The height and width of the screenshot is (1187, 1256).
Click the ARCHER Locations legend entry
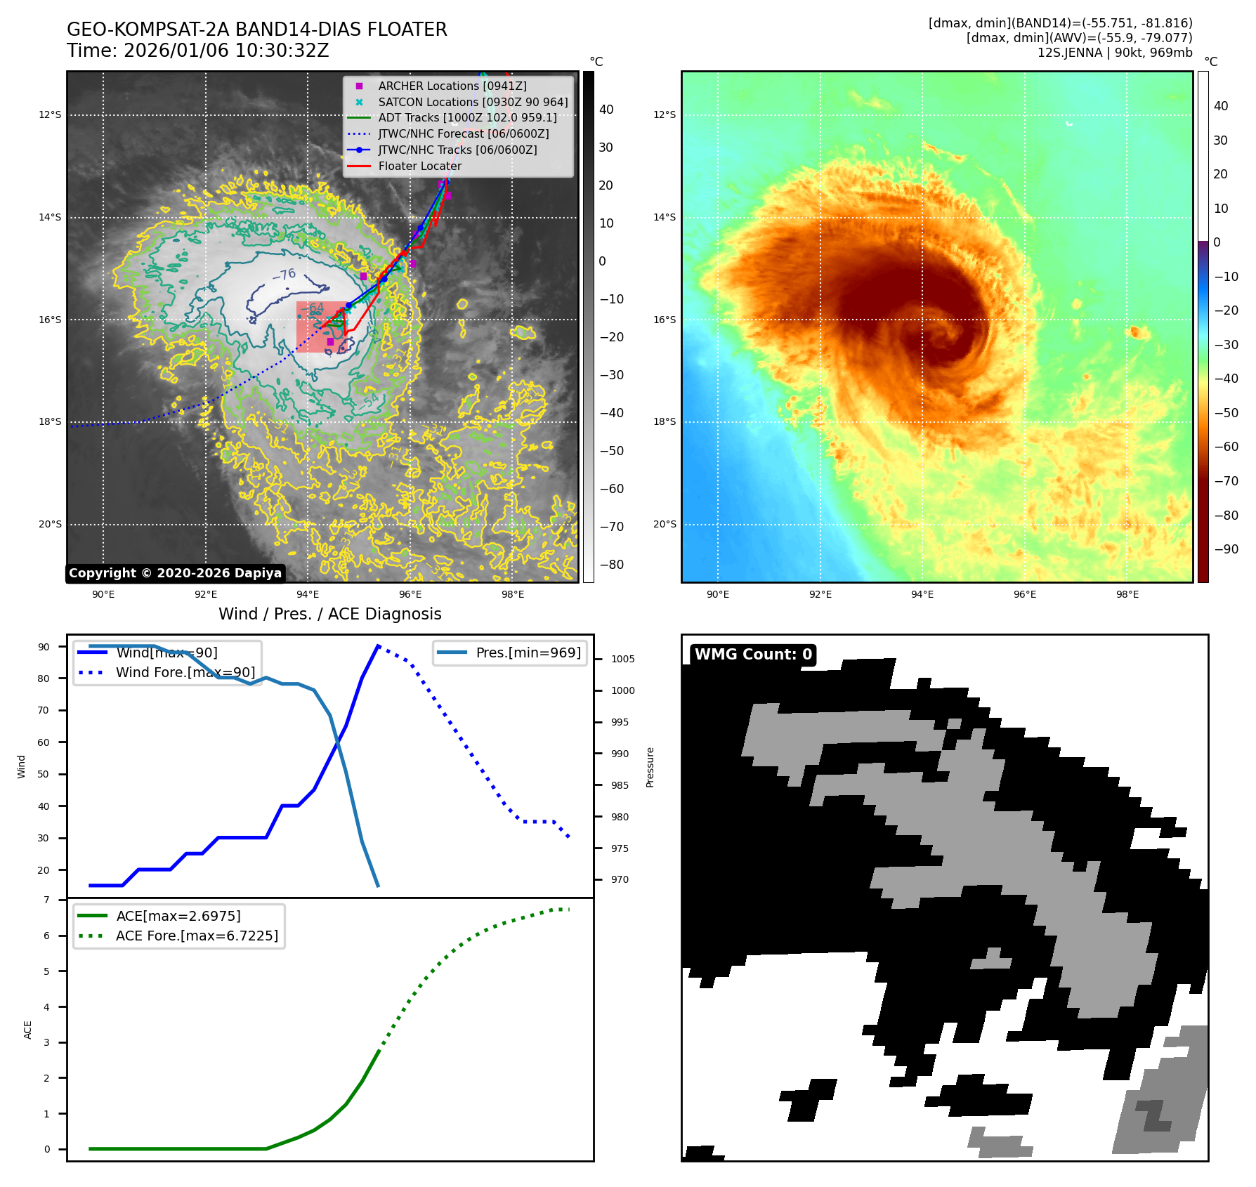click(x=452, y=86)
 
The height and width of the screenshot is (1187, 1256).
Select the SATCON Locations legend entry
click(x=472, y=102)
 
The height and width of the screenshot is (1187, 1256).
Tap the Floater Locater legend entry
click(x=419, y=166)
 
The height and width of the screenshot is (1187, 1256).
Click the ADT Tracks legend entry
click(x=467, y=118)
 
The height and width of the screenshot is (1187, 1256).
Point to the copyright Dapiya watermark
click(x=175, y=573)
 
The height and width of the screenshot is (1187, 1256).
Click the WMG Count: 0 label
click(x=753, y=655)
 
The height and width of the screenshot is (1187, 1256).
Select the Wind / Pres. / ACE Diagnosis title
click(x=329, y=614)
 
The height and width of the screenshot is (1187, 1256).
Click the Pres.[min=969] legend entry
click(x=528, y=652)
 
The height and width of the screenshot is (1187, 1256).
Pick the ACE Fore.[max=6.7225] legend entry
click(x=197, y=936)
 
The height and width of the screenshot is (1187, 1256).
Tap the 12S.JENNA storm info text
click(x=1114, y=53)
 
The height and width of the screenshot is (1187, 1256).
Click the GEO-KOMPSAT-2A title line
click(x=256, y=29)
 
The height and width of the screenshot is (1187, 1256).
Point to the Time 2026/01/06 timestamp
click(x=197, y=51)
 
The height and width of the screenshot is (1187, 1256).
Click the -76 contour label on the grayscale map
click(x=284, y=275)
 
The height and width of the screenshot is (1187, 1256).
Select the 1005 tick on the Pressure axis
click(x=622, y=659)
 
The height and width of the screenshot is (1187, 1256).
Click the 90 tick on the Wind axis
click(x=44, y=647)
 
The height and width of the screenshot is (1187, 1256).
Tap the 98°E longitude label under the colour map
click(x=1127, y=594)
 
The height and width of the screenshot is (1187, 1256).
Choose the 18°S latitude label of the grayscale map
click(x=50, y=421)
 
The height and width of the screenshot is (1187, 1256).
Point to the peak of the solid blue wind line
click(x=378, y=645)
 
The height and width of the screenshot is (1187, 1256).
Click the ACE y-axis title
click(x=28, y=1029)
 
